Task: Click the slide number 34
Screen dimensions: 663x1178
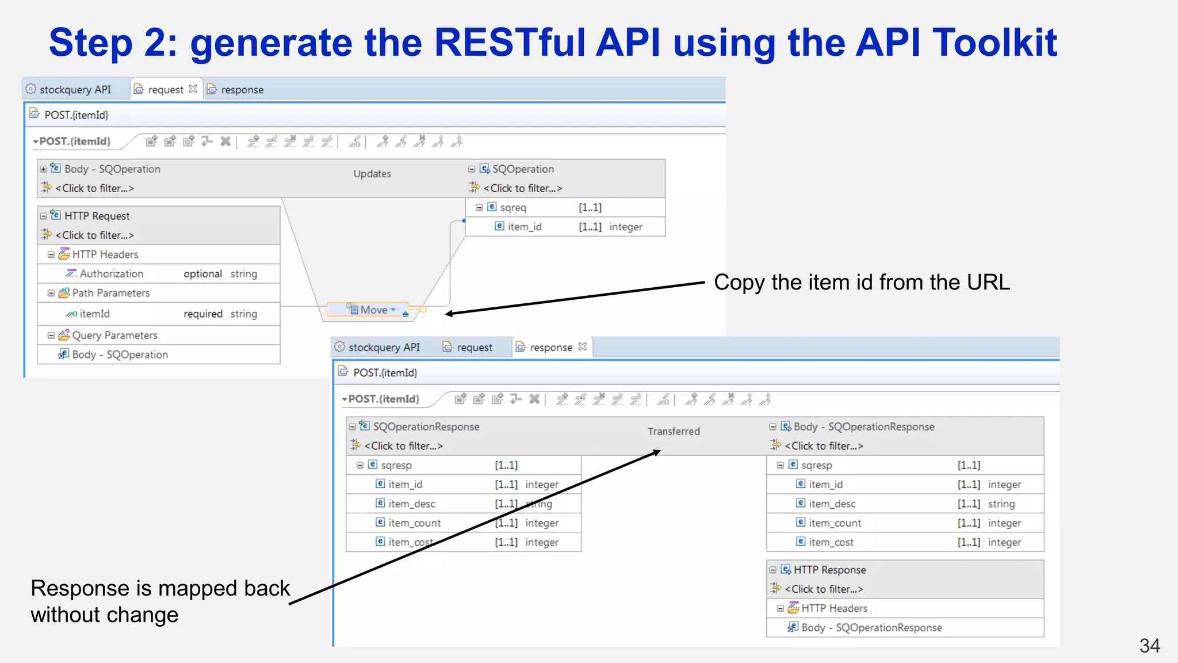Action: point(1149,646)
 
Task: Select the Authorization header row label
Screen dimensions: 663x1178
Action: point(111,274)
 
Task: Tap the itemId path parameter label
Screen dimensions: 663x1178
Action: point(94,314)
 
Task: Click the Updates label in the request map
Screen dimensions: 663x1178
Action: point(372,174)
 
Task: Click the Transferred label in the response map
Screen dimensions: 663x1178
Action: point(674,432)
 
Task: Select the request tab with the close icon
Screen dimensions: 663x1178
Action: point(166,90)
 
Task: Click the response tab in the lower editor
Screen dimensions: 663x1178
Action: point(550,348)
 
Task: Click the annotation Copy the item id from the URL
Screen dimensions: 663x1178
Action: point(861,283)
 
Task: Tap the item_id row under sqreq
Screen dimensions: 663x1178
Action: point(524,227)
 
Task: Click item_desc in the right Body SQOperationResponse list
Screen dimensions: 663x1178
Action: point(832,504)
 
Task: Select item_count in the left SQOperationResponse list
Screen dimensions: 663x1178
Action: point(414,523)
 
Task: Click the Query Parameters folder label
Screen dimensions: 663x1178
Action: point(114,336)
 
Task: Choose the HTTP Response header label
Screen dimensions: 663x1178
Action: point(829,570)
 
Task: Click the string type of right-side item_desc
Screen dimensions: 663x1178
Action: point(1001,504)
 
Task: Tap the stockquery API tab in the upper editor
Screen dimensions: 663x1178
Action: point(75,90)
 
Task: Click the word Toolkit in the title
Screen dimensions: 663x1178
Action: point(995,43)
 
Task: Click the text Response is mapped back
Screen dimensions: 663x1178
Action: point(160,588)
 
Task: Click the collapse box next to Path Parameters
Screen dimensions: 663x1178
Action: point(51,294)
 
